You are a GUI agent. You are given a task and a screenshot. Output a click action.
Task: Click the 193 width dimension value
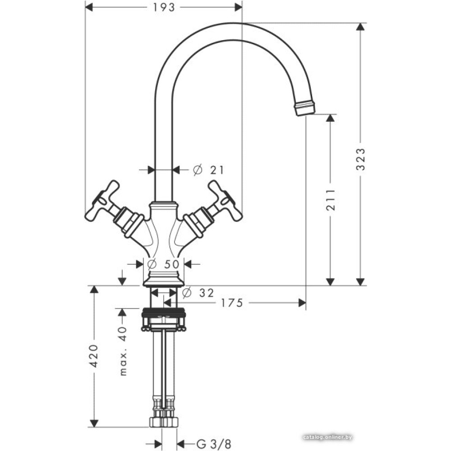coord(164,8)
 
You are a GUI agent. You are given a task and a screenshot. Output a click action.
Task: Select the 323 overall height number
coord(360,159)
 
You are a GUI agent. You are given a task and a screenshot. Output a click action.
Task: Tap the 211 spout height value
coord(331,200)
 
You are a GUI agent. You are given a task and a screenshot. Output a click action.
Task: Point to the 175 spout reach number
coord(232,303)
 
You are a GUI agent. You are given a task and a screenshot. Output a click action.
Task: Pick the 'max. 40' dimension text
coord(123,351)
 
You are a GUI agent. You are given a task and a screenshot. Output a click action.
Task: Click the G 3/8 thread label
coord(214,443)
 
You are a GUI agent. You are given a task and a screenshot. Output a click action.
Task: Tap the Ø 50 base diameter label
coord(163,263)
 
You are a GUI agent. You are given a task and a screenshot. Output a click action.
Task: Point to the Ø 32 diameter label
coord(198,293)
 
